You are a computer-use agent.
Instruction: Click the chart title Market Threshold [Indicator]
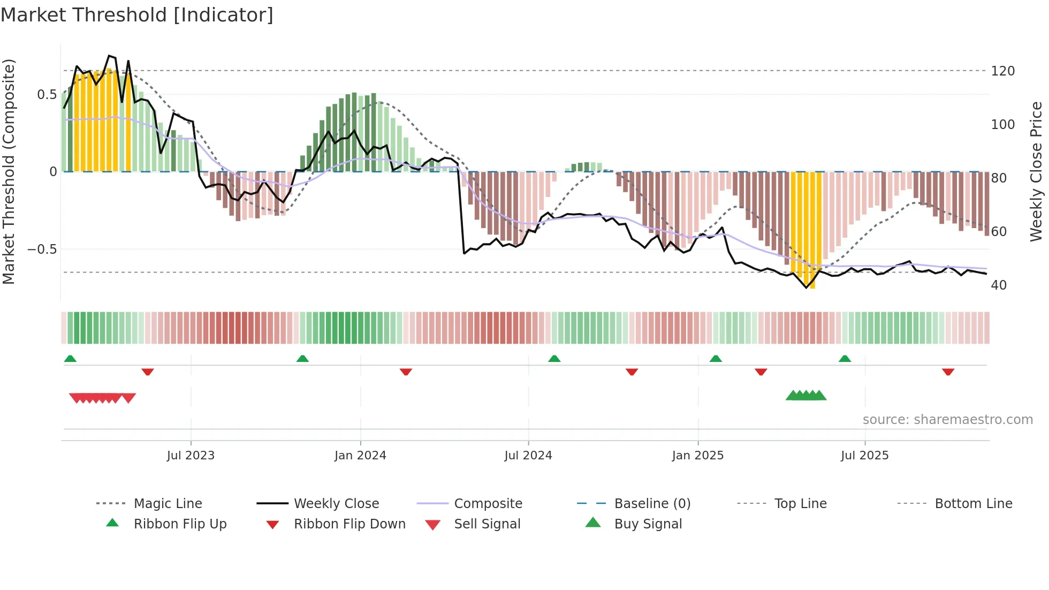(137, 15)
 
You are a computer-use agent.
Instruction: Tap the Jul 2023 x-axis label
(191, 456)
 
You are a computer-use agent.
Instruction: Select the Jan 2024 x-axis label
(360, 456)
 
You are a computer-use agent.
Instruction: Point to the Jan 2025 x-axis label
(698, 456)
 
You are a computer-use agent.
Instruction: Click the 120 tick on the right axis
(1002, 71)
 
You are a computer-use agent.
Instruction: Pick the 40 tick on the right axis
(999, 285)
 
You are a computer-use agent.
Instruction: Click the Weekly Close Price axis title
(1037, 171)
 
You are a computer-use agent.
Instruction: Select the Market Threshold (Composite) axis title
(9, 171)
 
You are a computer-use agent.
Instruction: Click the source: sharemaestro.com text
(947, 420)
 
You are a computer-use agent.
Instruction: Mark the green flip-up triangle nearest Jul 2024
(554, 359)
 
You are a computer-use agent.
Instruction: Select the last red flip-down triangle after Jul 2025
(948, 372)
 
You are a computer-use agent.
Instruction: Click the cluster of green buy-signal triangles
(806, 396)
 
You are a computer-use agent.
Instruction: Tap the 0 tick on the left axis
(53, 172)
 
